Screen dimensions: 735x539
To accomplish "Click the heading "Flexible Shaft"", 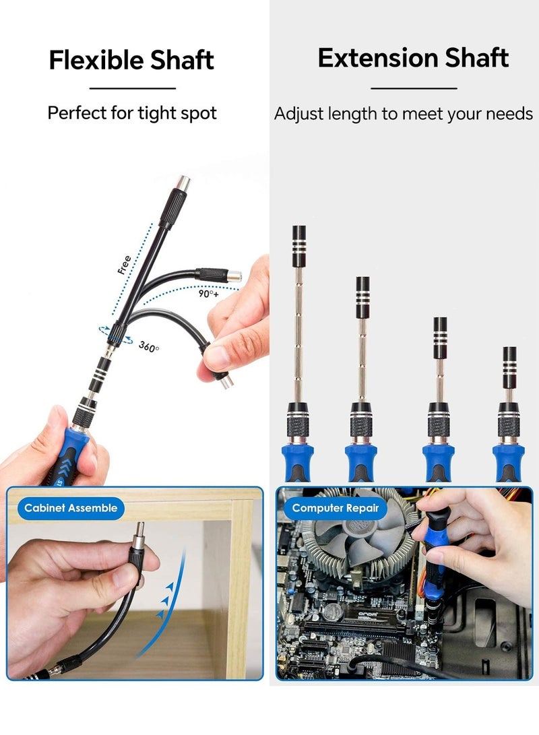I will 131,60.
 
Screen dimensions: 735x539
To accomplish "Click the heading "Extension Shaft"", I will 413,58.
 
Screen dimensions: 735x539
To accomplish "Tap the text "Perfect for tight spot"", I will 132,113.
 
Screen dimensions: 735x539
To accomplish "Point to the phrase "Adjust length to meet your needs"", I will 404,114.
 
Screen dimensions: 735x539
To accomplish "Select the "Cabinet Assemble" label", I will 71,508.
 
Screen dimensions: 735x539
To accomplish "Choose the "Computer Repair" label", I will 336,509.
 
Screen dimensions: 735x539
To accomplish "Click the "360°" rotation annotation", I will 149,346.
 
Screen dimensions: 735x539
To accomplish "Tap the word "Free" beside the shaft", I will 124,265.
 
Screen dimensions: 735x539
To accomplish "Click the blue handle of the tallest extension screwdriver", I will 297,461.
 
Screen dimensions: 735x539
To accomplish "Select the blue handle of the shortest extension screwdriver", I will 508,461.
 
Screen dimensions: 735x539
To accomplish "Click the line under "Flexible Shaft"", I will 132,88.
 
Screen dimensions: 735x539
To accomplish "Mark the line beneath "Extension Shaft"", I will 414,88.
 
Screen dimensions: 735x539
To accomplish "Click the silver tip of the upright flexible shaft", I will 183,183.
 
